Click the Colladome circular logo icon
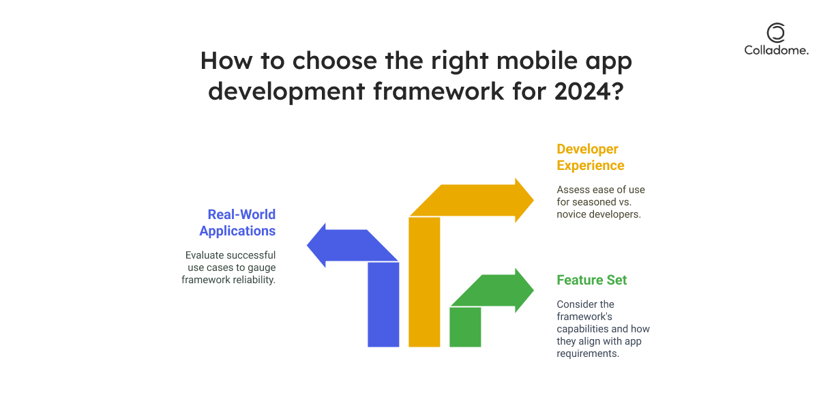pyautogui.click(x=776, y=33)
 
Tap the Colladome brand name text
pyautogui.click(x=776, y=50)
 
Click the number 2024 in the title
pyautogui.click(x=582, y=91)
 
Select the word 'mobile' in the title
pyautogui.click(x=537, y=60)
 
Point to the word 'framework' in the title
pyautogui.click(x=439, y=91)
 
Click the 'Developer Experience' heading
pyautogui.click(x=591, y=157)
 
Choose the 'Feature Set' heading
pyautogui.click(x=592, y=280)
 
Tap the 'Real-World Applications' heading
pyautogui.click(x=238, y=222)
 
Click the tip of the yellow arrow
pyautogui.click(x=534, y=201)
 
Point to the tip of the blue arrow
pyautogui.click(x=307, y=245)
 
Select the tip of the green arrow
pyautogui.click(x=534, y=290)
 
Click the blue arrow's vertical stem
pyautogui.click(x=383, y=304)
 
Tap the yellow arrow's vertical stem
pyautogui.click(x=424, y=282)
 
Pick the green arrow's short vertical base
pyautogui.click(x=465, y=327)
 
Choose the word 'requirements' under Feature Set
pyautogui.click(x=588, y=353)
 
